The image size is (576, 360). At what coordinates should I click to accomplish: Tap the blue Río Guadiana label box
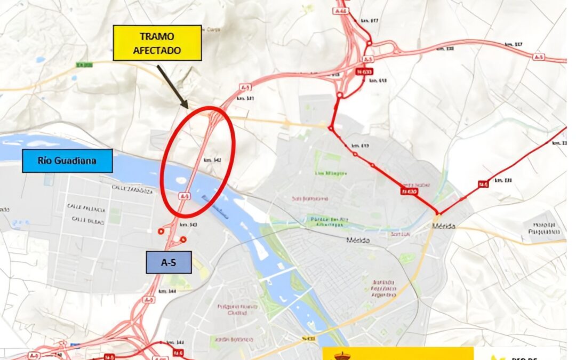point(67,161)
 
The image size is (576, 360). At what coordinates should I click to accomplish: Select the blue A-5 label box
point(169,262)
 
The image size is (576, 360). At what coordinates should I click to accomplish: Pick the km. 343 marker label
point(189,225)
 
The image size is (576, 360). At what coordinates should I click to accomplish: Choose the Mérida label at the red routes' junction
point(444,226)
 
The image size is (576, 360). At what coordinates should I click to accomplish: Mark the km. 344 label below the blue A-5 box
point(168,291)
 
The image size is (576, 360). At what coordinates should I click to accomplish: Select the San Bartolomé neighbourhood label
point(310,199)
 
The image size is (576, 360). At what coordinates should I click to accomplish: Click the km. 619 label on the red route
point(361,146)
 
